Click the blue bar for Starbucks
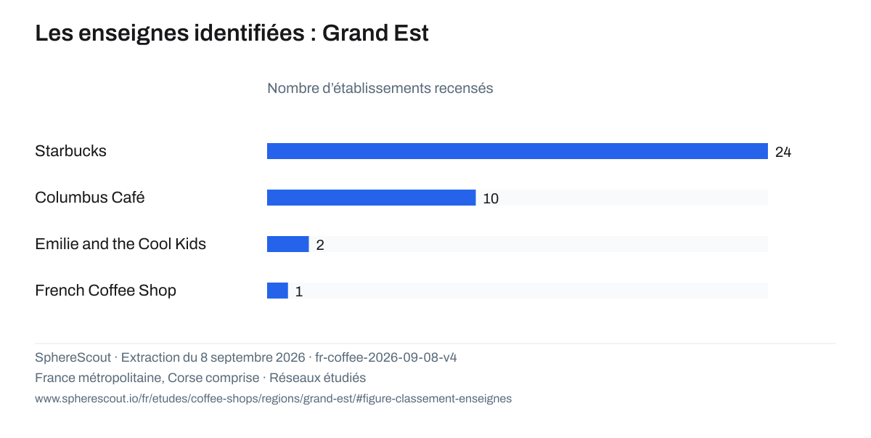(517, 151)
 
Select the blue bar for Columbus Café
(372, 198)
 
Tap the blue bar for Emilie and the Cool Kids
(287, 244)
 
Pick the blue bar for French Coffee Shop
(277, 291)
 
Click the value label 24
(783, 152)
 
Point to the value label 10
(491, 199)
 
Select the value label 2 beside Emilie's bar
(320, 245)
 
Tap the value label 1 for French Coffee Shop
(298, 292)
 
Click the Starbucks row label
(70, 151)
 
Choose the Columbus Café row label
(90, 198)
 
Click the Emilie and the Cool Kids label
(120, 244)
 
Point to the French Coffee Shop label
(105, 291)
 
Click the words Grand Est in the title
(375, 33)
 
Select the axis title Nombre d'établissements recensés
(380, 89)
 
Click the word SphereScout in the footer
(73, 357)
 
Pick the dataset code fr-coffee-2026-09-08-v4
(385, 357)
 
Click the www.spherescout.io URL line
(274, 399)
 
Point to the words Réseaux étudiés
(318, 378)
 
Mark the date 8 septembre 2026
(253, 357)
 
